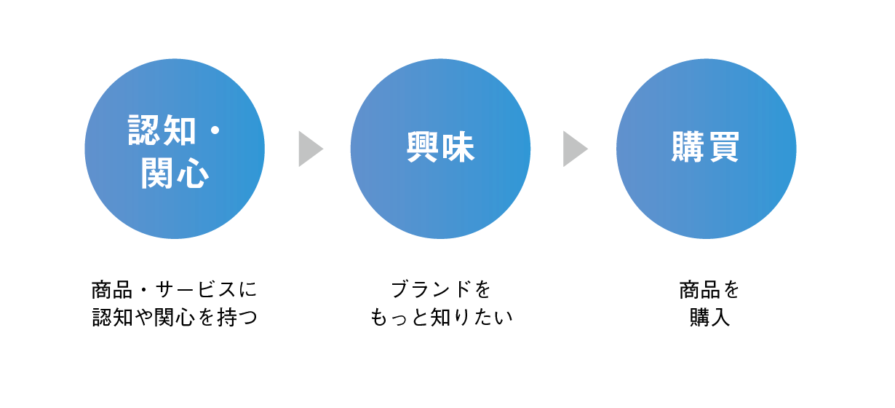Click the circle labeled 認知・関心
coord(175,149)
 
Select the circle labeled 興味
coord(440,149)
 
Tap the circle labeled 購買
coord(706,149)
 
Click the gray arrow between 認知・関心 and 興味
coord(311,149)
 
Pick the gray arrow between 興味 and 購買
coord(576,149)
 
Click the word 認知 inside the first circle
coord(162,130)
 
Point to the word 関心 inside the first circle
coord(175,173)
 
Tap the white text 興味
coord(440,147)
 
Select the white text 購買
coord(706,147)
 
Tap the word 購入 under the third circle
coord(709,318)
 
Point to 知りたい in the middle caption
coord(471,318)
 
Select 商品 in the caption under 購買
coord(699,289)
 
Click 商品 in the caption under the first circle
coord(112,289)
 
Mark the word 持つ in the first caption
coord(237,318)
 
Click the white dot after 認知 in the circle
coord(215,130)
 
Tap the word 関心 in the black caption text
coord(175,318)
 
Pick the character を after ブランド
coord(482,289)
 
